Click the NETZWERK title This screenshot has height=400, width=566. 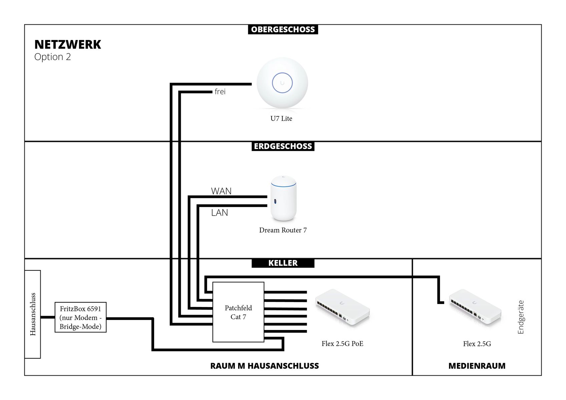click(68, 44)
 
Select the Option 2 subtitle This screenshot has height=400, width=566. click(53, 57)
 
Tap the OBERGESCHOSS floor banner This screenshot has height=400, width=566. click(283, 30)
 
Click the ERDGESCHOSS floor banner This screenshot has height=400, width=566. click(283, 146)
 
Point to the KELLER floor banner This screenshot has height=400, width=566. click(283, 263)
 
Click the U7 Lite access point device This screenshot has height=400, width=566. click(282, 83)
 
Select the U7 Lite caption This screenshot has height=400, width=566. click(281, 118)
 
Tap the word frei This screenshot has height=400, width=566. click(220, 91)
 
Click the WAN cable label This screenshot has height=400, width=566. click(221, 191)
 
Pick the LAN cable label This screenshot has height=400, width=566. click(219, 213)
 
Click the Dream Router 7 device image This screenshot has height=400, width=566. click(283, 198)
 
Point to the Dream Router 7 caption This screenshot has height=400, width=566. click(283, 230)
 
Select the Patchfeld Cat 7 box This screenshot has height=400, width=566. click(238, 312)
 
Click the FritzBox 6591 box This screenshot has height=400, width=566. click(81, 317)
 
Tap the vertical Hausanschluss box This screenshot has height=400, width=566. click(33, 314)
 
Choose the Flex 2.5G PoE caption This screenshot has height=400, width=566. click(343, 344)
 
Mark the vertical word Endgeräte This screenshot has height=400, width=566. click(521, 317)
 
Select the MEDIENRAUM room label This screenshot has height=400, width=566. click(477, 366)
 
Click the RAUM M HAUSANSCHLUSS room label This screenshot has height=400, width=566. click(264, 366)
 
